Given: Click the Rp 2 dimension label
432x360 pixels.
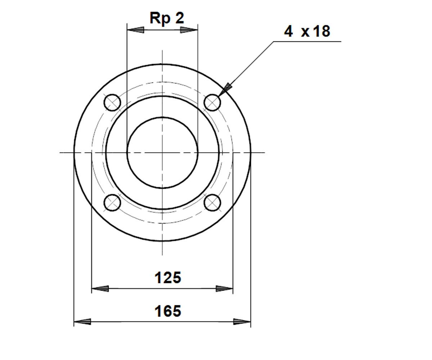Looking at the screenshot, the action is (x=167, y=19).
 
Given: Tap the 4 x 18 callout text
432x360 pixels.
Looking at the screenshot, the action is (x=307, y=31).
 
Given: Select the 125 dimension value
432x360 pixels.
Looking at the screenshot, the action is (x=168, y=278).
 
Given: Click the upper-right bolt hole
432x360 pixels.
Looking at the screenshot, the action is (x=212, y=102).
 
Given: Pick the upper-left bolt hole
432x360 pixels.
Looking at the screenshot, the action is (x=112, y=102).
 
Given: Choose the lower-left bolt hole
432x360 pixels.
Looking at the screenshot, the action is (x=112, y=203).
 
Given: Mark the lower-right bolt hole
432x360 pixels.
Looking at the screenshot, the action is (x=212, y=203).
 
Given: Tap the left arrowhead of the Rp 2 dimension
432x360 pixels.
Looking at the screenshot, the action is (x=135, y=30).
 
